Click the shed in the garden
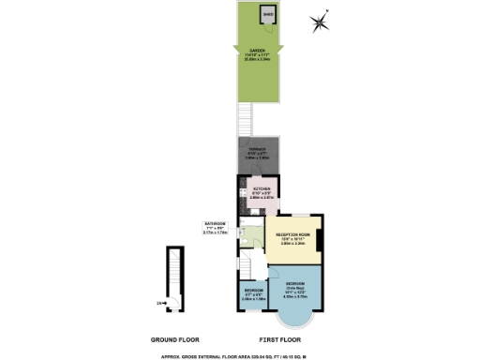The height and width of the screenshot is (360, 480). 269,15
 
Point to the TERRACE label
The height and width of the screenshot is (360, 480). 257,150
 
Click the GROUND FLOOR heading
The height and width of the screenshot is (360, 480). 176,339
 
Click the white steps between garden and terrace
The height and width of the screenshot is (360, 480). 246,117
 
